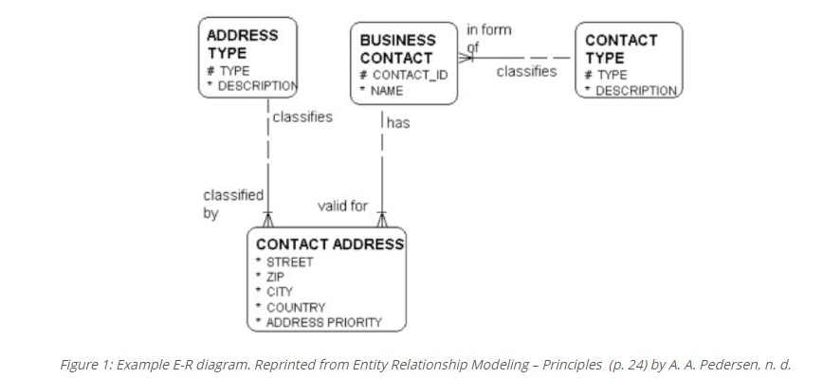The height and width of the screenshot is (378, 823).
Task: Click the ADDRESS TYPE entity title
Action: coord(242,44)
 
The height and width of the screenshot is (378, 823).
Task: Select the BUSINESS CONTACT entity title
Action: coord(397,48)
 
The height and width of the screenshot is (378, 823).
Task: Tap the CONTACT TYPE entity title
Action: coord(621,48)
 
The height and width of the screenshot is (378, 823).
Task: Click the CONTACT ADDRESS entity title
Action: coord(330,244)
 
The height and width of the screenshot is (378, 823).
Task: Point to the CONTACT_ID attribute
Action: coord(410,75)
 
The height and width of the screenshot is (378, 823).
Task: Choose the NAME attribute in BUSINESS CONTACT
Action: coord(387,91)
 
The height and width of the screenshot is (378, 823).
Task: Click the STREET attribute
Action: coord(290,262)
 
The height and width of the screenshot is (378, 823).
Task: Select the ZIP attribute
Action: coord(275,277)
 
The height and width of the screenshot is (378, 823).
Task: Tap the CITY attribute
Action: coord(279,292)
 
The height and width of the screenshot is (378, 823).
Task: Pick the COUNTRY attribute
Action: coord(296,307)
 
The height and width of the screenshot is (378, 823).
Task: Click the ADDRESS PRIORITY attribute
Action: coord(324,322)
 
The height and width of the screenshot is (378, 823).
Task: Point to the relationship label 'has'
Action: coord(398,122)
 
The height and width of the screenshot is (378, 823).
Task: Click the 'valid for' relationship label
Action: coord(342,206)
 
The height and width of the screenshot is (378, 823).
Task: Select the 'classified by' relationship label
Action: coord(233,205)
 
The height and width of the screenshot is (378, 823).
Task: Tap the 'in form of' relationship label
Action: coord(489,38)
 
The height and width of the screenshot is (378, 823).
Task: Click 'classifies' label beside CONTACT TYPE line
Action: coord(526,71)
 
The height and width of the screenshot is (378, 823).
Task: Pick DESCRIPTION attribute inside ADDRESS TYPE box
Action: coord(257,86)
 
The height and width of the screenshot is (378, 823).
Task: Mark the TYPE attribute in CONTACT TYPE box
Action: coord(612,75)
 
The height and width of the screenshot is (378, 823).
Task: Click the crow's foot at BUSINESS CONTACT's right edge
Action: coord(466,58)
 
